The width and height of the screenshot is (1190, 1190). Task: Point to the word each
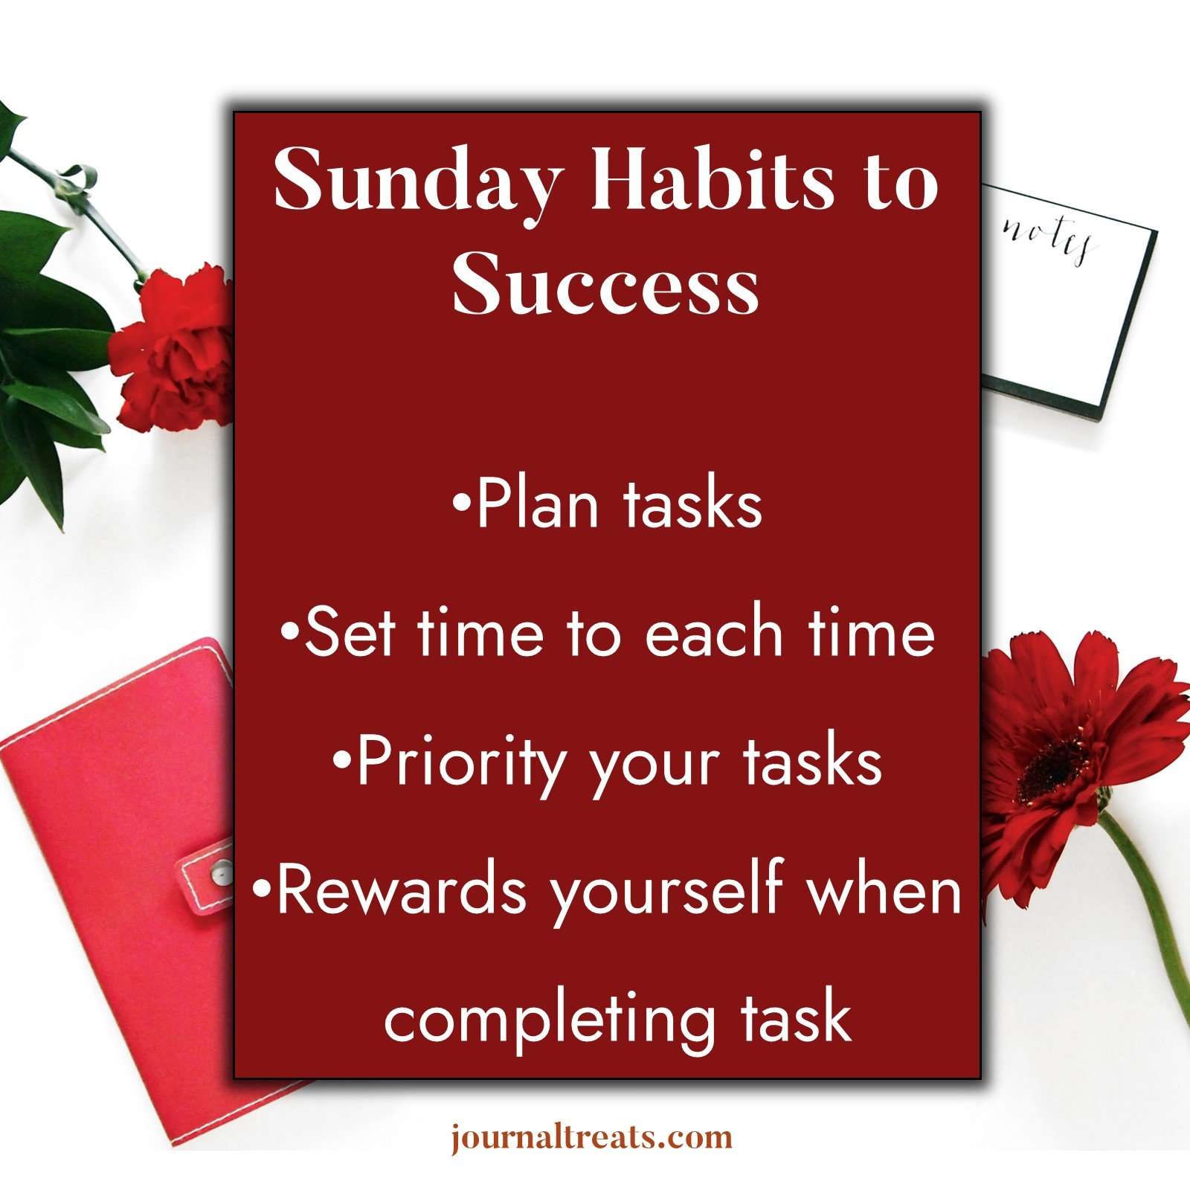click(714, 634)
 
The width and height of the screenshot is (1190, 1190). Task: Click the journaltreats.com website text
click(592, 1137)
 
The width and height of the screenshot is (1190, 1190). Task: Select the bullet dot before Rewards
click(261, 890)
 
